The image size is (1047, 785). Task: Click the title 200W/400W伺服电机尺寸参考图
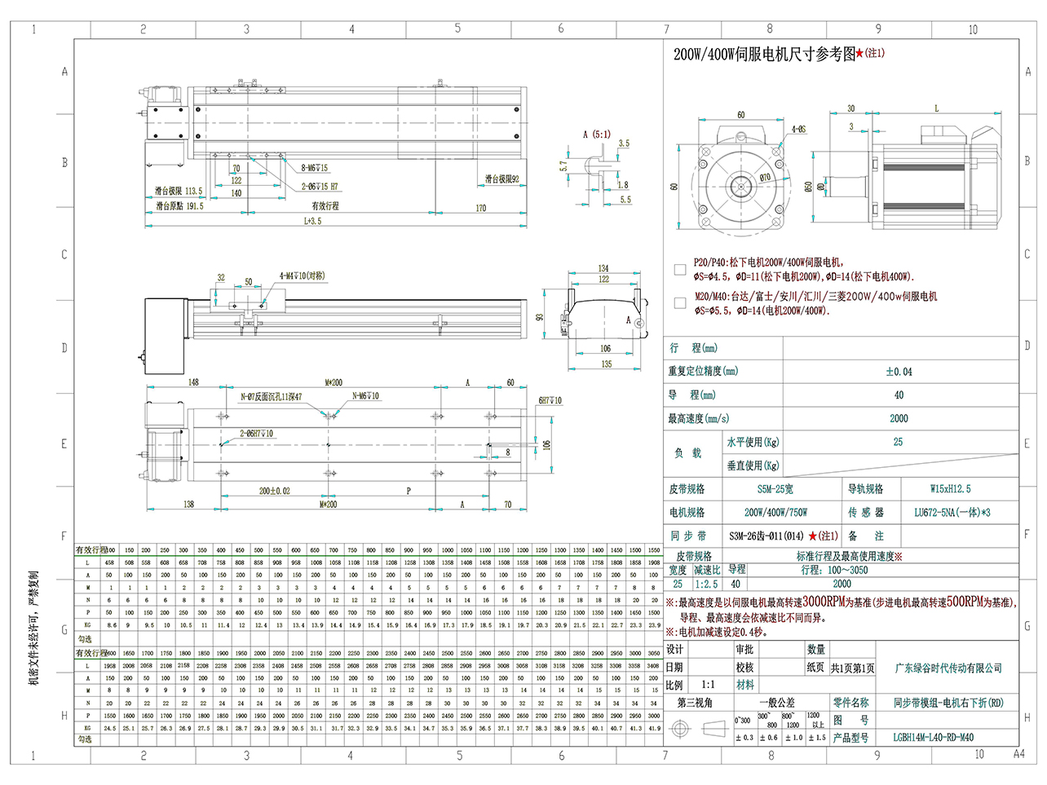pos(764,55)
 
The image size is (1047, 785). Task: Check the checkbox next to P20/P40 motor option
pos(680,269)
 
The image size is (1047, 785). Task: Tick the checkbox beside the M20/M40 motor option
pos(680,303)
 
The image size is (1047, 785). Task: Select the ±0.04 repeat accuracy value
pos(899,372)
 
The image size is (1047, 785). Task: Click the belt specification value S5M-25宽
pos(775,489)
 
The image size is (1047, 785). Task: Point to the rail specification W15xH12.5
pos(950,489)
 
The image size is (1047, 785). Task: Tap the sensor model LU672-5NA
pos(951,513)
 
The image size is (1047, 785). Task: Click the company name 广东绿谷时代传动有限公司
pos(948,668)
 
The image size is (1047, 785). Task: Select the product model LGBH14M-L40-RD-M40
pos(933,737)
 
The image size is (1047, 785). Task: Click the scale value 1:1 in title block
pos(708,686)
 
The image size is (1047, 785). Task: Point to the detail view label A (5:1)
pos(596,135)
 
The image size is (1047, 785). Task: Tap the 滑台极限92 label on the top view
pos(501,179)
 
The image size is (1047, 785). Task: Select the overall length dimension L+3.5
pos(313,221)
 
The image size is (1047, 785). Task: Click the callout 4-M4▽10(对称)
pos(302,276)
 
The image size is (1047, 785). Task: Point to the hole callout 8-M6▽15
pos(315,168)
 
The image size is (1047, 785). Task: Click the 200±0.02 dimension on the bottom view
pos(275,491)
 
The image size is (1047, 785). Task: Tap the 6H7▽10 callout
pos(550,400)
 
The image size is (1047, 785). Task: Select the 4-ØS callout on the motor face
pos(798,130)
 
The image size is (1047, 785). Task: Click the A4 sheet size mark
pos(1018,754)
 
